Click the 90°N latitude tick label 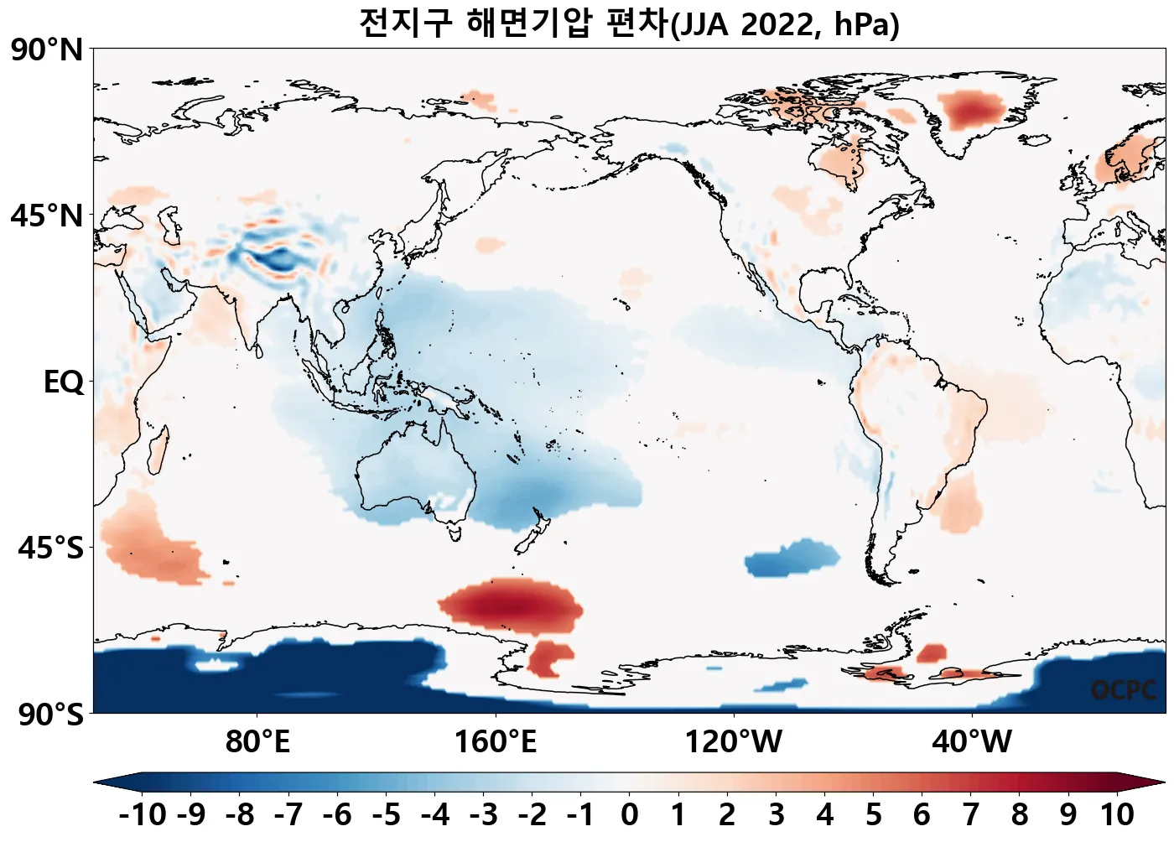tap(48, 50)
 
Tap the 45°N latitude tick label tap(48, 216)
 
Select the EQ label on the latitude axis tap(64, 382)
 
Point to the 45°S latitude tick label tap(50, 548)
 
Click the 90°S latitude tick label tap(50, 715)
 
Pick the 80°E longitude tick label tap(257, 742)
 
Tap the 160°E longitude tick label tap(495, 742)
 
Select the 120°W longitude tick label tap(734, 742)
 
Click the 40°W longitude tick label tap(972, 742)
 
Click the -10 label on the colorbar tap(143, 814)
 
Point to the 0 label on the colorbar tap(629, 814)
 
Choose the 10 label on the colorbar tap(1117, 814)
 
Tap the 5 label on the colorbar tap(873, 814)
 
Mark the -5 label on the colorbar tap(386, 814)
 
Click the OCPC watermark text tap(1124, 690)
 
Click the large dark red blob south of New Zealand tap(512, 604)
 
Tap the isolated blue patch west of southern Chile tap(791, 558)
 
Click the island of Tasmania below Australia tap(455, 531)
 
